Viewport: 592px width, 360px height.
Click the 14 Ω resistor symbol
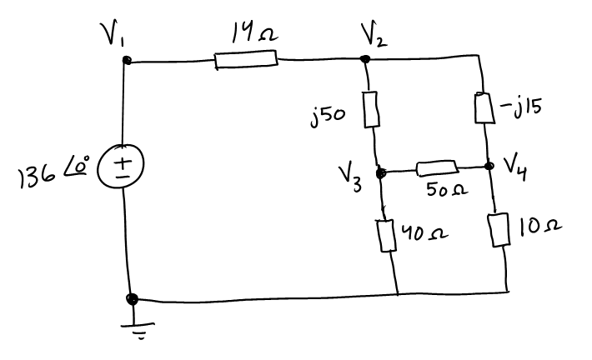click(245, 59)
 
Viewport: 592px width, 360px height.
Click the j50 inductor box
click(373, 111)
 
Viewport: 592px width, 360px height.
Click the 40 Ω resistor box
click(386, 234)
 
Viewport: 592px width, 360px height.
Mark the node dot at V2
click(364, 59)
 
